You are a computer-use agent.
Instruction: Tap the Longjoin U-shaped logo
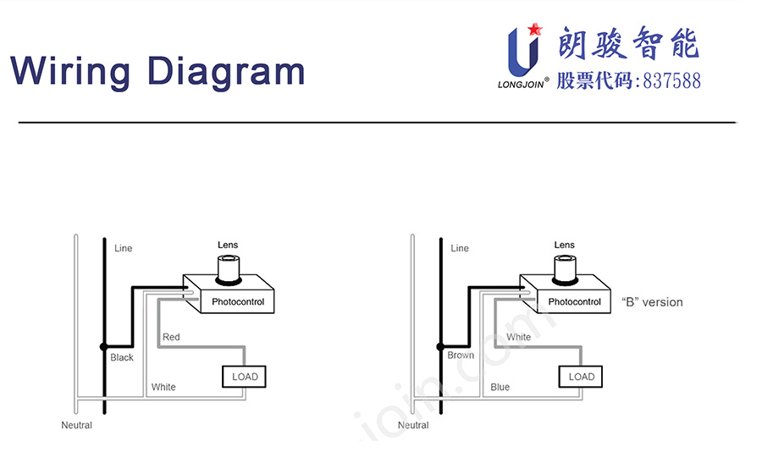click(x=523, y=52)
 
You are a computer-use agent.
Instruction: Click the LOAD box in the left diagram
click(x=245, y=377)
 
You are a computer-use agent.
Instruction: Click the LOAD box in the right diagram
click(x=582, y=377)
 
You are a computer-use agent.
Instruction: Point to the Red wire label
click(x=171, y=337)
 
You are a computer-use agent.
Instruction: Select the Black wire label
click(x=122, y=357)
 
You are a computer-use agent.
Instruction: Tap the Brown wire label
click(x=461, y=355)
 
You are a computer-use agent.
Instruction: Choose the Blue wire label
click(x=500, y=387)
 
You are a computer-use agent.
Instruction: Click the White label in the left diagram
click(x=163, y=387)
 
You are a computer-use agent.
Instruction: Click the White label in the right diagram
click(x=519, y=337)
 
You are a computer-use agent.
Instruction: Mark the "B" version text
click(x=652, y=302)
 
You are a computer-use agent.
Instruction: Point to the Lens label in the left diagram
click(x=228, y=245)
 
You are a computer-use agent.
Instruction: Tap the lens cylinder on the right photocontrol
click(x=565, y=267)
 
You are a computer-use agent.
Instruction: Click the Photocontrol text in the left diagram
click(x=237, y=302)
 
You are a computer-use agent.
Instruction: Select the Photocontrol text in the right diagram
click(x=574, y=302)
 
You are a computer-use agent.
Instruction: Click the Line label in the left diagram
click(x=124, y=248)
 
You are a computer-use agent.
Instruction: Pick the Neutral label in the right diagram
click(x=413, y=425)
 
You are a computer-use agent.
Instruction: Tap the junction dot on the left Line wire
click(x=104, y=346)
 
